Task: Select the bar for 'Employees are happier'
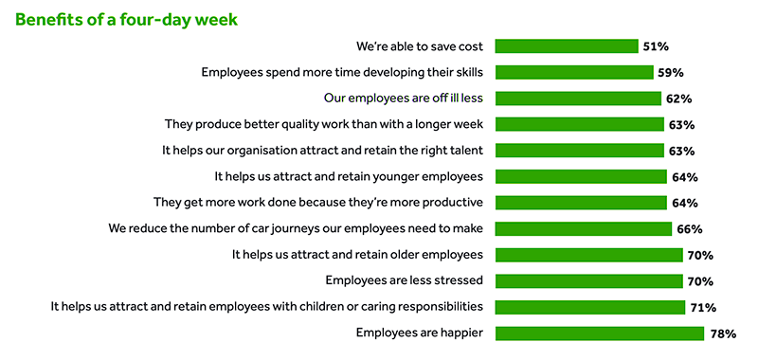(x=600, y=333)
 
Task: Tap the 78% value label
(x=723, y=333)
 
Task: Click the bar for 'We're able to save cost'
(x=567, y=45)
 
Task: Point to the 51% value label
(x=657, y=45)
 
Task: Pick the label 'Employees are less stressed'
(x=405, y=280)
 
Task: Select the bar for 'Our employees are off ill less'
(x=578, y=98)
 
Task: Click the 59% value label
(x=671, y=72)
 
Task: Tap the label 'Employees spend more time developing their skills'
(x=343, y=72)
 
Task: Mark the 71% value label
(x=702, y=307)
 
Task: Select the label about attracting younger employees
(x=350, y=176)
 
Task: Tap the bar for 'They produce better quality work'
(x=579, y=124)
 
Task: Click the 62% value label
(x=678, y=98)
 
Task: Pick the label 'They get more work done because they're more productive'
(x=318, y=202)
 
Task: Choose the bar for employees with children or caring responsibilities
(x=590, y=306)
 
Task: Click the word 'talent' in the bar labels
(x=465, y=150)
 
